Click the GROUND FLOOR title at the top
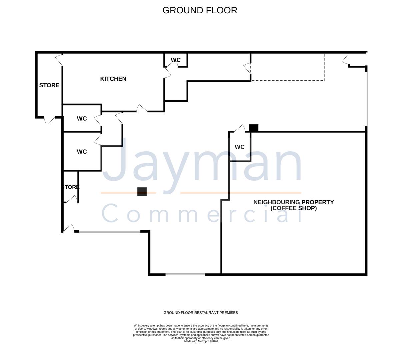pyautogui.click(x=200, y=10)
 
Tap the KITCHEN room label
pyautogui.click(x=113, y=79)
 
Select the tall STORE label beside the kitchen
pyautogui.click(x=49, y=85)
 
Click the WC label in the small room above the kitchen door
pyautogui.click(x=176, y=60)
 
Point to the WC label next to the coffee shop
pyautogui.click(x=239, y=147)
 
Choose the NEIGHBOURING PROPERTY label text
pyautogui.click(x=293, y=202)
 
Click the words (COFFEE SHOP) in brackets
pyautogui.click(x=293, y=208)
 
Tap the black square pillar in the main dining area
pyautogui.click(x=142, y=192)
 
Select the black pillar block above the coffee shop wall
pyautogui.click(x=254, y=128)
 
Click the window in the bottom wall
pyautogui.click(x=185, y=274)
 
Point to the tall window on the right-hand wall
pyautogui.click(x=366, y=99)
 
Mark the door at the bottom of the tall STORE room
pyautogui.click(x=49, y=120)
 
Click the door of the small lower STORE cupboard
pyautogui.click(x=71, y=199)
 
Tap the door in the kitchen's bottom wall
pyautogui.click(x=142, y=108)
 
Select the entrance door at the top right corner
pyautogui.click(x=346, y=59)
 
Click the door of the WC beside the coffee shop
pyautogui.click(x=240, y=128)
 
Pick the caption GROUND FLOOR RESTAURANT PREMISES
pyautogui.click(x=201, y=313)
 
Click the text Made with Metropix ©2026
pyautogui.click(x=201, y=341)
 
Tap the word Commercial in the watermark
pyautogui.click(x=201, y=213)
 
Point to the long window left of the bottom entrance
pyautogui.click(x=110, y=231)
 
